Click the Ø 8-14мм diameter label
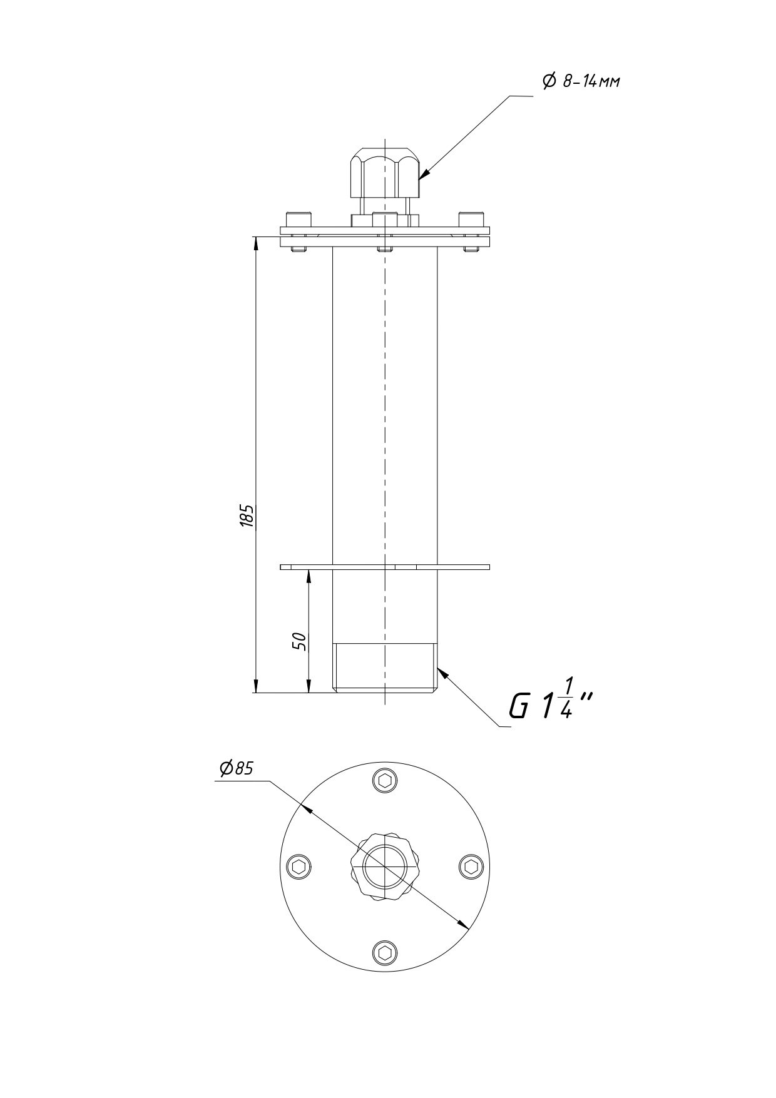pyautogui.click(x=581, y=81)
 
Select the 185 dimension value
pyautogui.click(x=247, y=516)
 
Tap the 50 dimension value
pyautogui.click(x=300, y=641)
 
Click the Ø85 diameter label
pyautogui.click(x=236, y=768)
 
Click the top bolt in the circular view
pyautogui.click(x=385, y=780)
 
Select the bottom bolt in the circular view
pyautogui.click(x=385, y=952)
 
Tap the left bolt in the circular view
pyautogui.click(x=299, y=867)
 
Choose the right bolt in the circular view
pyautogui.click(x=471, y=867)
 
